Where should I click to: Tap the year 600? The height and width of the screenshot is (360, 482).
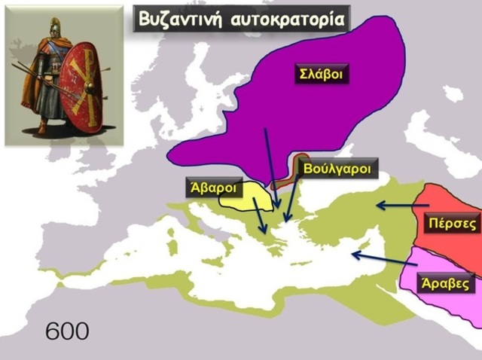(x=67, y=330)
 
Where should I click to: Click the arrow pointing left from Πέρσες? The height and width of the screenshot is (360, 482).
(x=395, y=204)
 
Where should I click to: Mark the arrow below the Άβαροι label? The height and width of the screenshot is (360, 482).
(x=258, y=217)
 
